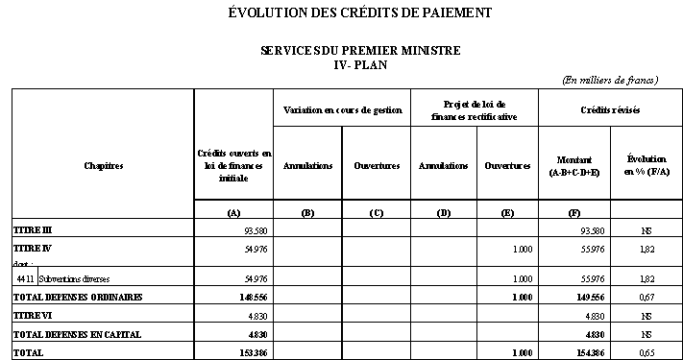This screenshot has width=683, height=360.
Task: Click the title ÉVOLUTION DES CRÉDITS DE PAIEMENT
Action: click(360, 13)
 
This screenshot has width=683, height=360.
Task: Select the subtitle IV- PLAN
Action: click(360, 63)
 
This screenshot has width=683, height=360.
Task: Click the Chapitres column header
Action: click(103, 166)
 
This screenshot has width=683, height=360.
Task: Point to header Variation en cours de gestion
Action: click(341, 109)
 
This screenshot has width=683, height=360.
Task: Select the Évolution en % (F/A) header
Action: click(646, 165)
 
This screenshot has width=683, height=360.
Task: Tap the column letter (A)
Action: click(233, 212)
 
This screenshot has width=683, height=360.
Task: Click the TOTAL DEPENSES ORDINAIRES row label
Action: click(77, 298)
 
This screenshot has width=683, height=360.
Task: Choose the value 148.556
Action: click(252, 298)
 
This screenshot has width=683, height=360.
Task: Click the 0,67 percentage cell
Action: click(646, 298)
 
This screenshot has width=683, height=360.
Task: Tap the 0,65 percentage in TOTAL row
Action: click(646, 352)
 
